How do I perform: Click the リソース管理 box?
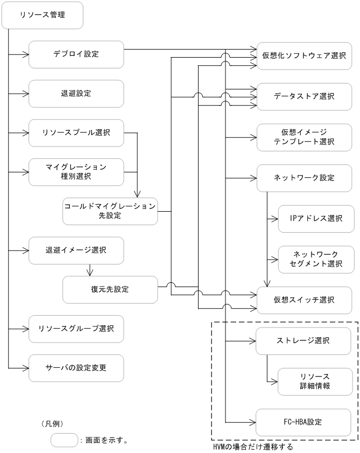43,15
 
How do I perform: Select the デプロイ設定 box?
76,54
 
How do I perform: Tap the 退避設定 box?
76,93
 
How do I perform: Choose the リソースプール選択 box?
76,133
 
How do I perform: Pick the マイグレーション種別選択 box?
76,171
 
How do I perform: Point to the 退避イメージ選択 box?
76,250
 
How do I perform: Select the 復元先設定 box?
110,289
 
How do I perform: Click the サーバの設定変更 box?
76,368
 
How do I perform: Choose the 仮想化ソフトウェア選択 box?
305,54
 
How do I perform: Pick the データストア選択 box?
305,96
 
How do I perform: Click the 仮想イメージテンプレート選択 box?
305,137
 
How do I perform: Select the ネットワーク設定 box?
305,178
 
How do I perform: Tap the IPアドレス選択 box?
316,218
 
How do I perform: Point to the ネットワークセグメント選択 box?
316,259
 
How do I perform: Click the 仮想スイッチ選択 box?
305,299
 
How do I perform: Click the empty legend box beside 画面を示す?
63,440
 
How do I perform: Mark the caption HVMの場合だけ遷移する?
250,447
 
